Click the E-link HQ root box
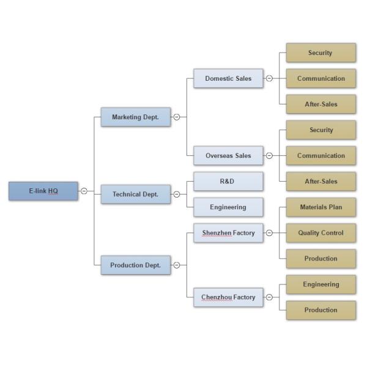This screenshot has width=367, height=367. [43, 191]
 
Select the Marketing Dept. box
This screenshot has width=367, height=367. [135, 117]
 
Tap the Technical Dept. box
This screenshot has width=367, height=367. [135, 195]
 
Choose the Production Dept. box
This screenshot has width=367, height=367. [135, 265]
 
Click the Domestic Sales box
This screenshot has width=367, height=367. [228, 78]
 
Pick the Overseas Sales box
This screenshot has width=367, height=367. [228, 155]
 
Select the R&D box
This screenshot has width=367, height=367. [228, 182]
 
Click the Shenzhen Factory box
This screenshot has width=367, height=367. [228, 232]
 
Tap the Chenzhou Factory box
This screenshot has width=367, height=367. [228, 297]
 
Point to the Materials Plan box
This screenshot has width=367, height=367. [321, 207]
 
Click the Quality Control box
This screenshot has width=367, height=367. [321, 233]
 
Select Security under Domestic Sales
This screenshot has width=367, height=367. [321, 53]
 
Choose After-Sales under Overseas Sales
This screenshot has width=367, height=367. [321, 182]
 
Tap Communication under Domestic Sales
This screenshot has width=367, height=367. [321, 78]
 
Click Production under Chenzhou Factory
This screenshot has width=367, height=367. [321, 310]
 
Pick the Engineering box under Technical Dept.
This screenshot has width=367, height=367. [228, 207]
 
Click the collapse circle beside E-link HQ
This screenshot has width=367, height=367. [84, 191]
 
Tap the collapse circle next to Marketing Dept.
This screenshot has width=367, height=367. [177, 117]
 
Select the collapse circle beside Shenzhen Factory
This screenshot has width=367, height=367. [269, 232]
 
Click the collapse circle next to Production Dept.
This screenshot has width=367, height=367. [177, 265]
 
